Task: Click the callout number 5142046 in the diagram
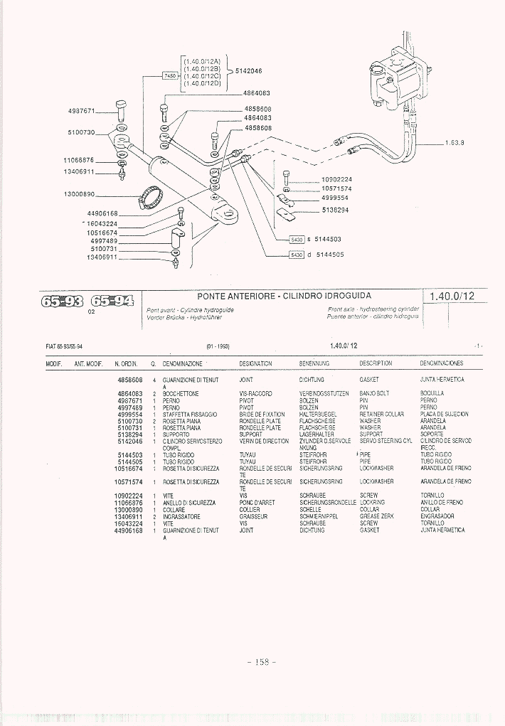(x=249, y=71)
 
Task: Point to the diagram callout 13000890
(x=80, y=194)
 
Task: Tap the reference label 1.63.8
(x=455, y=142)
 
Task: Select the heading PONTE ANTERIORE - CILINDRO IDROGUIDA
(x=284, y=296)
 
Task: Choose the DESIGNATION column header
(x=256, y=363)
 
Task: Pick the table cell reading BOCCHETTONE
(x=181, y=393)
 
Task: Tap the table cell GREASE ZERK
(x=376, y=516)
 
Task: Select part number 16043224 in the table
(x=129, y=523)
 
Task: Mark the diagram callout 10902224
(x=337, y=179)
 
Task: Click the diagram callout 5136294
(x=335, y=210)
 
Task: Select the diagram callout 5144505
(x=329, y=255)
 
